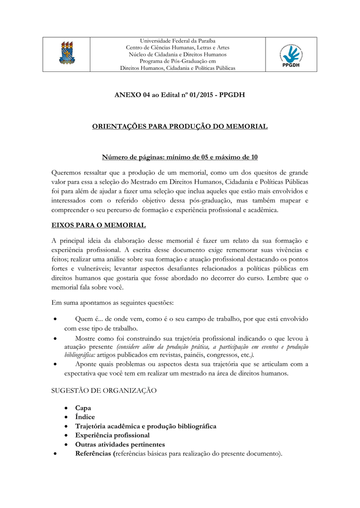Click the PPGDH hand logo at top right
pyautogui.click(x=292, y=54)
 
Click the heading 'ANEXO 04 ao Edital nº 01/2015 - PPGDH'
pyautogui.click(x=180, y=95)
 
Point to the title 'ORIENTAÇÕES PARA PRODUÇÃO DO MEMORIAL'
pyautogui.click(x=180, y=127)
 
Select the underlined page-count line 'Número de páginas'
pyautogui.click(x=180, y=158)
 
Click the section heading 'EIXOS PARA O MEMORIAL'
pyautogui.click(x=99, y=225)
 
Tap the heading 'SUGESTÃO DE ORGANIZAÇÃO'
pyautogui.click(x=104, y=391)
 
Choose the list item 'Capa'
pyautogui.click(x=83, y=408)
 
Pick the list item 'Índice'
pyautogui.click(x=85, y=417)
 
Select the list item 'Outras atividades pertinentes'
pyautogui.click(x=120, y=444)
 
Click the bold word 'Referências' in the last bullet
pyautogui.click(x=93, y=453)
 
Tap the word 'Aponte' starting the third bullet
pyautogui.click(x=86, y=364)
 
